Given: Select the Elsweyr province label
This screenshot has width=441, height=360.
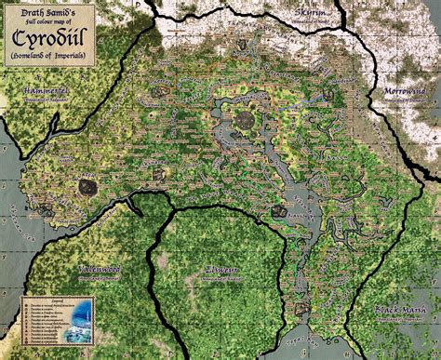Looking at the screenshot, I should pos(220,271).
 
